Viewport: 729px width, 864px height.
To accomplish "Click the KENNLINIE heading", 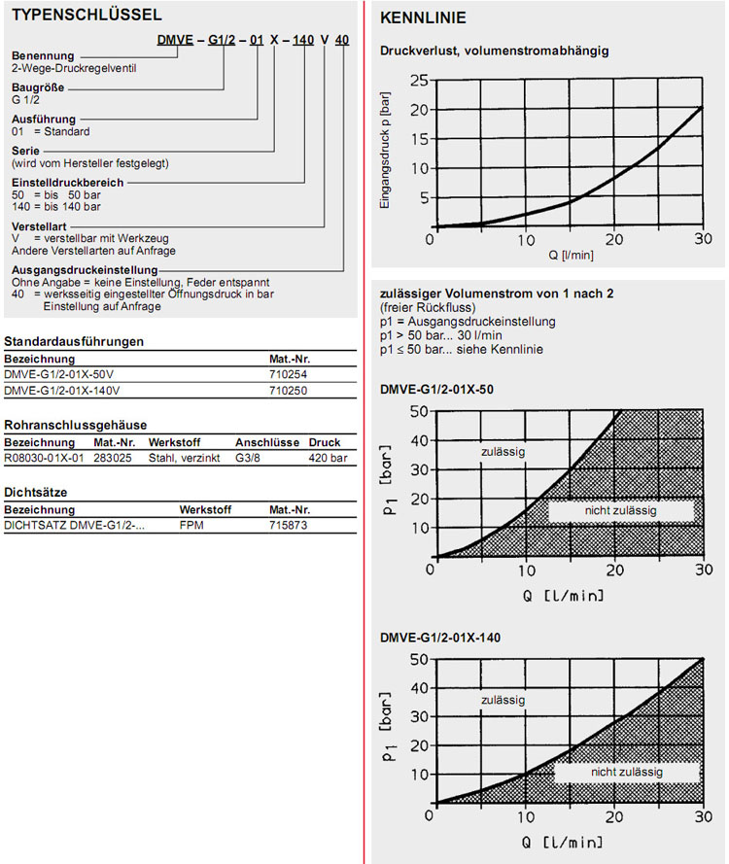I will pos(423,18).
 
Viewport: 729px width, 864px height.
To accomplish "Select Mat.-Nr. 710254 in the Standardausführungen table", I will pos(289,373).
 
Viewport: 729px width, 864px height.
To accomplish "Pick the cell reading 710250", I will pos(289,390).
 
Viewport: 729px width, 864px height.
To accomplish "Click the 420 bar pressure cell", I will pos(328,456).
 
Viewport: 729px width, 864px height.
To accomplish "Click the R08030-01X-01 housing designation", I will pos(45,456).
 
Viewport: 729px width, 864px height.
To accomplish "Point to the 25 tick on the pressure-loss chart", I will pos(419,80).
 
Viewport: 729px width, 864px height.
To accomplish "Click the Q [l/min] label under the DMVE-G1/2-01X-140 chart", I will pos(564,842).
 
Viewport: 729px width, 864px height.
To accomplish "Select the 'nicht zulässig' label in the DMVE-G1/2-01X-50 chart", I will pos(621,511).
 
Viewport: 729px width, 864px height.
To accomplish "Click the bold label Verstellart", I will pos(31,225).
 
